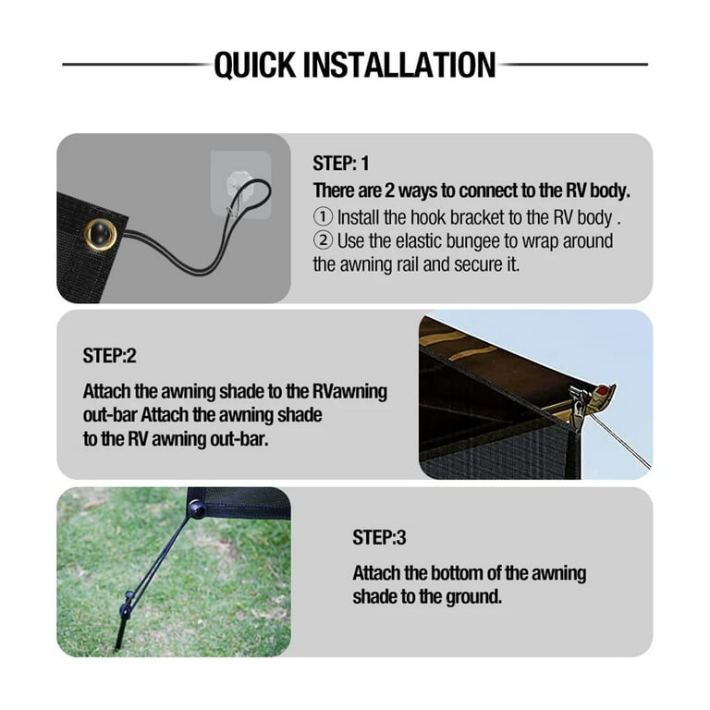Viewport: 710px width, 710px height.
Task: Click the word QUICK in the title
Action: click(255, 66)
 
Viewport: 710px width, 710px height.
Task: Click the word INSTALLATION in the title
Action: click(399, 65)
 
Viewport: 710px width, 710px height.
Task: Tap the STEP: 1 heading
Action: click(340, 164)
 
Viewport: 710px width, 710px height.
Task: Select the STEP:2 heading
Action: click(109, 356)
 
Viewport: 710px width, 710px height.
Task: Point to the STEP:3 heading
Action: click(379, 537)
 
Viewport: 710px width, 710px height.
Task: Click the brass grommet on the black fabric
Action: click(100, 235)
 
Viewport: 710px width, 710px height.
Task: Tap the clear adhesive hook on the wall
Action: click(240, 183)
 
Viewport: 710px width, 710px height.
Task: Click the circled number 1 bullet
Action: click(323, 217)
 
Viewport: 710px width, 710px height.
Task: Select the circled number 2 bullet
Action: click(323, 240)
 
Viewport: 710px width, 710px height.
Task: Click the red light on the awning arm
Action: click(602, 390)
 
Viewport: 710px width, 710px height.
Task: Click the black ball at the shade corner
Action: click(197, 509)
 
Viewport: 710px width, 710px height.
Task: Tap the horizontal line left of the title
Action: click(137, 65)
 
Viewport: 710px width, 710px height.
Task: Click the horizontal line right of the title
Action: click(573, 65)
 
